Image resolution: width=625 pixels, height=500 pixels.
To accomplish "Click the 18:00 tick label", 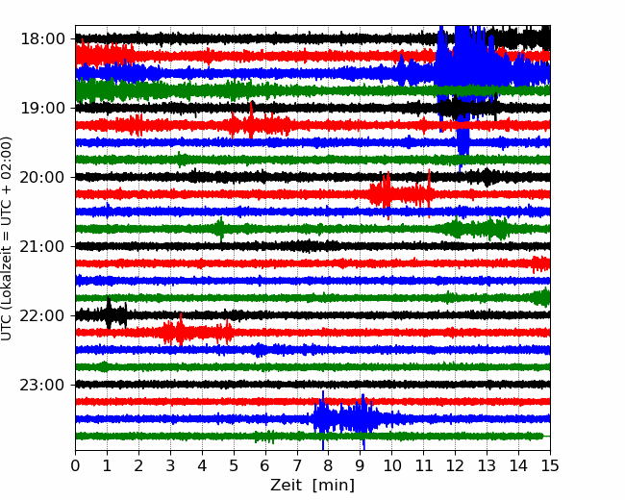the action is pos(42,39).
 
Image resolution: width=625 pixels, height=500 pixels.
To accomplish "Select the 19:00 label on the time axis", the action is pos(42,108).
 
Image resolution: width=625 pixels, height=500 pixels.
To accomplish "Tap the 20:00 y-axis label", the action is pos(42,177).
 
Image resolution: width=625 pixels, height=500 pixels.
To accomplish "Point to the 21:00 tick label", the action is pos(42,246).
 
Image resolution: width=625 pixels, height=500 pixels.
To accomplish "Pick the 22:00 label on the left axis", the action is pos(42,315).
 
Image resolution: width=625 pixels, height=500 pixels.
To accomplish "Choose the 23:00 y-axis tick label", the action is pos(42,385).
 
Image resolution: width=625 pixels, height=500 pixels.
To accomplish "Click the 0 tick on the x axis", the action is pos(75,465).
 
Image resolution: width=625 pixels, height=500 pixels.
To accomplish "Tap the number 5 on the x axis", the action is pos(234,465).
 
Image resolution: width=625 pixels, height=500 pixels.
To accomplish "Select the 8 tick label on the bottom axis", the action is pos(329,465).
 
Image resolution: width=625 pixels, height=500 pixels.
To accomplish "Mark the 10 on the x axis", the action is pos(391,465).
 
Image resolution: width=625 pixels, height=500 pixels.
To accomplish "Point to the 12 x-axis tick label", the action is pos(455,465).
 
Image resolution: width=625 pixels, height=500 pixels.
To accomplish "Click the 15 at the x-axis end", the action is pos(550,465).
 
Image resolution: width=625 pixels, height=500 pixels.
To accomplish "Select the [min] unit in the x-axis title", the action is pos(334,486).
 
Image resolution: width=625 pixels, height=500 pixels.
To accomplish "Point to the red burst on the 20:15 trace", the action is pos(401,194).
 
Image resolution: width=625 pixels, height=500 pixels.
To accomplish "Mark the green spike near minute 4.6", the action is pos(219,229).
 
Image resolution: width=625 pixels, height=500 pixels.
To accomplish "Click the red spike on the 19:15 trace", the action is pos(251,121).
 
